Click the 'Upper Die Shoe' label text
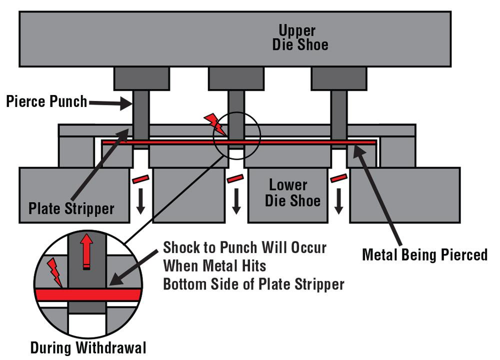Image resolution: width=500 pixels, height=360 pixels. pos(300,37)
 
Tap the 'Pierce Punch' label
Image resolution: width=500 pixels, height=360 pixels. pos(46,102)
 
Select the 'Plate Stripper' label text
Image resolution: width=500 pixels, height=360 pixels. pos(71,208)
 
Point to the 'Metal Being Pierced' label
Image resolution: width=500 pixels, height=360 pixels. pos(424,254)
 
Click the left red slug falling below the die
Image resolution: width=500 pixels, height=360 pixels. pos(140,178)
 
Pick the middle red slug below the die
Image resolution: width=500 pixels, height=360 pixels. pos(236,178)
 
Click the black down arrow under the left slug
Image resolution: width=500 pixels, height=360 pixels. pos(141,201)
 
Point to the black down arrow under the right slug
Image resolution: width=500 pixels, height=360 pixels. pos(339,201)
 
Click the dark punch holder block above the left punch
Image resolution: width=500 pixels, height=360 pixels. pos(141,78)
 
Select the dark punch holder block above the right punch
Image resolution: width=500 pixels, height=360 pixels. pos(338,78)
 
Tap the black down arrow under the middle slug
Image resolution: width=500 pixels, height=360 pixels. pos(236,201)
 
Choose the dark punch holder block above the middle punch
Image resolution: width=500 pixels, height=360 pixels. pos(236,78)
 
